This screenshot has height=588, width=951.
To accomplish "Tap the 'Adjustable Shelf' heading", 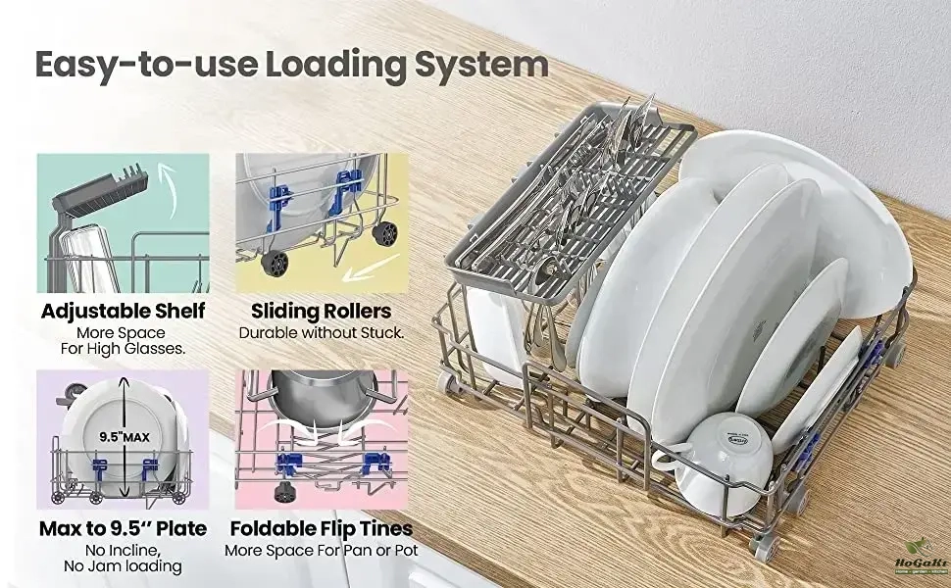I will click(x=123, y=312).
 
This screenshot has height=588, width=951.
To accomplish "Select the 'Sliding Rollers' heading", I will click(x=321, y=312).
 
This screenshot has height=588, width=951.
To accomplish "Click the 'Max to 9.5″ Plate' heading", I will click(x=123, y=529).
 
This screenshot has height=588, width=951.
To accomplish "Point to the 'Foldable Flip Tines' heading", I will click(x=321, y=529).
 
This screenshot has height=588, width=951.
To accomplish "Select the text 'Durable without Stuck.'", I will click(x=321, y=333).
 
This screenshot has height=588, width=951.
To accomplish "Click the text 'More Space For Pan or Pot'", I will click(x=321, y=551).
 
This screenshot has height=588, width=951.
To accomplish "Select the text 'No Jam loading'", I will click(x=123, y=566).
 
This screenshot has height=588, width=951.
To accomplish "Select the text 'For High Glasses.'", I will click(x=123, y=349).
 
